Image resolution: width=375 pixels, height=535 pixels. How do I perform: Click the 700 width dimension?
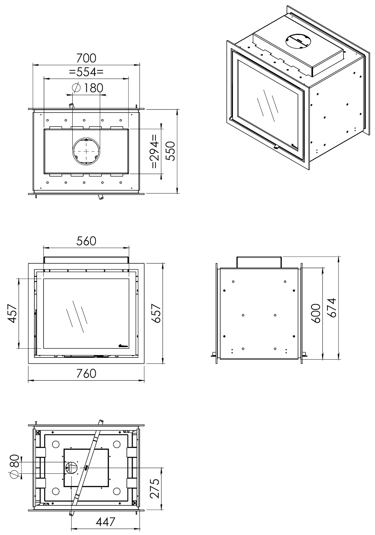point(86,58)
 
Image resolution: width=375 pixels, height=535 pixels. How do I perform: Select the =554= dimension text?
point(86,72)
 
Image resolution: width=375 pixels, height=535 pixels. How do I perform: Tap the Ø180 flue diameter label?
point(88,88)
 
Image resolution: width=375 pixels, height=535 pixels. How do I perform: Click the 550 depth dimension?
point(171,151)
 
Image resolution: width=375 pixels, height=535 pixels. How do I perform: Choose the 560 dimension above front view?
point(86,241)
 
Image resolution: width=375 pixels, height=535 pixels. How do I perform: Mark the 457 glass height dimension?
point(12,313)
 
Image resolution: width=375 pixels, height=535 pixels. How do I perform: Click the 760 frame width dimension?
point(86,373)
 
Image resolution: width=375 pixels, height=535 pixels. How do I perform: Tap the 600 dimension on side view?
point(316,313)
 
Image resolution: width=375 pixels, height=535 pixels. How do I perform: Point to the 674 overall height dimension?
point(331,308)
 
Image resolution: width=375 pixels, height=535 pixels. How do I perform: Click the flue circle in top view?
point(86,151)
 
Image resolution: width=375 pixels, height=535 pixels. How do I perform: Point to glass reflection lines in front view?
point(76,317)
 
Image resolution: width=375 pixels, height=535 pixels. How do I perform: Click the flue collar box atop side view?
point(259,262)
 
